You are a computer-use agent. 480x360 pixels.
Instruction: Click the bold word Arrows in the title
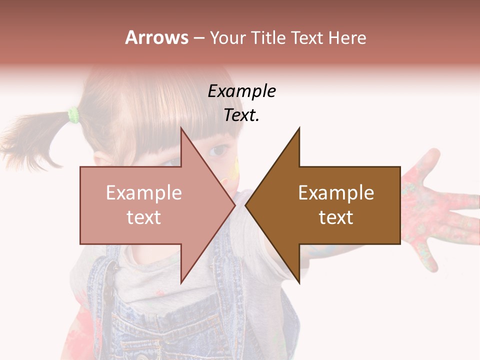pos(156,37)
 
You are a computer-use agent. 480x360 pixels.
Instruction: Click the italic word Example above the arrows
pos(242,91)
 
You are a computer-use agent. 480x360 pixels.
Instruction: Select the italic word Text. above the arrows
pos(242,115)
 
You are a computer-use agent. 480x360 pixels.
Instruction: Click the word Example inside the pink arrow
pos(144,192)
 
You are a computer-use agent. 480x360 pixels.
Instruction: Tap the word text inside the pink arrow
pos(144,217)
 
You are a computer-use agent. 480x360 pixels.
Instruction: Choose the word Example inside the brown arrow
pos(336,192)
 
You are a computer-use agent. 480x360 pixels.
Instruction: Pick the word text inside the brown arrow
pos(336,217)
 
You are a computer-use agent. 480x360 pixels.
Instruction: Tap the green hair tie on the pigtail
pos(74,115)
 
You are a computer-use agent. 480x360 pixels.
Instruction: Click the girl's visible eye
pos(217,150)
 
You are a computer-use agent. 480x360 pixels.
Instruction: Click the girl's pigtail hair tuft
pos(30,140)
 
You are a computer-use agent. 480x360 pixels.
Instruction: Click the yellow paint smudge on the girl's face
pos(232,170)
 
